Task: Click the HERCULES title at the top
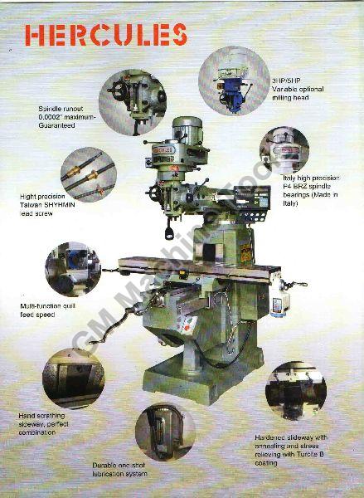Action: [x=106, y=34]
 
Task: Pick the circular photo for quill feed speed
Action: [x=73, y=269]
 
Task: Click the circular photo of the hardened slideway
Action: [x=296, y=390]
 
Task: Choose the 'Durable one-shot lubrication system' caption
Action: [x=120, y=470]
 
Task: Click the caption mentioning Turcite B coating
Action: [x=292, y=449]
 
